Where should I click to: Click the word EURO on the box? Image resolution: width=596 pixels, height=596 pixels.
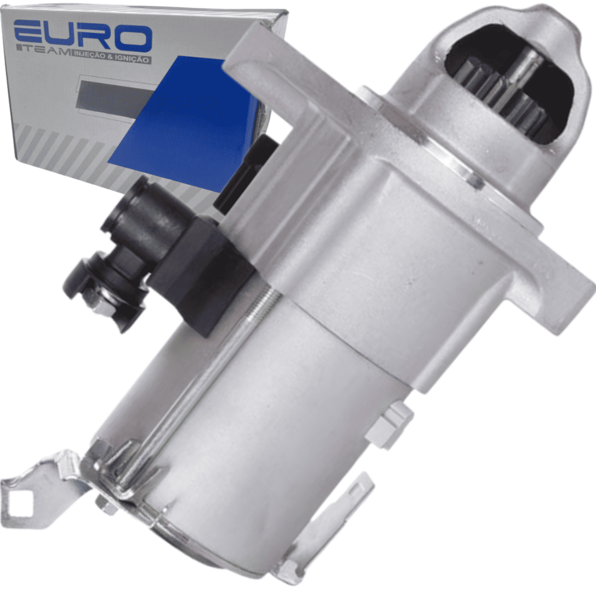point(83,36)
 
